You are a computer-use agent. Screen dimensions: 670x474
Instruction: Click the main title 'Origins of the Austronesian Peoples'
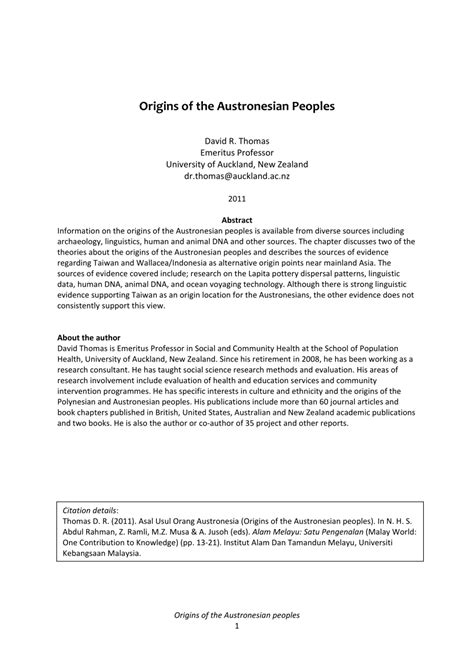[237, 104]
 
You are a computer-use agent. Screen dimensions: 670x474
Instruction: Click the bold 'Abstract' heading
[237, 219]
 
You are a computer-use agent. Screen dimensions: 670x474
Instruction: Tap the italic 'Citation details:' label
[97, 535]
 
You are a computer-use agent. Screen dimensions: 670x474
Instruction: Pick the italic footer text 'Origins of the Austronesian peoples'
[237, 640]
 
